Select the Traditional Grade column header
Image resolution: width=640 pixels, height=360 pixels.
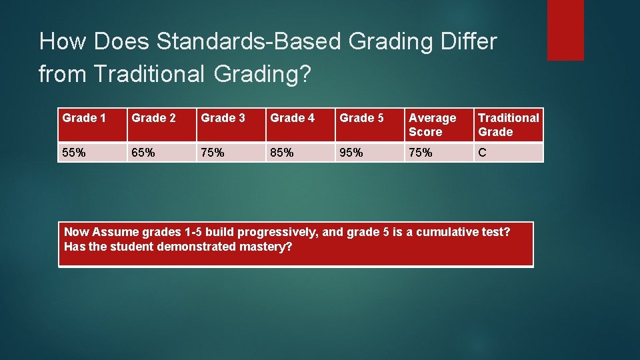pos(508,125)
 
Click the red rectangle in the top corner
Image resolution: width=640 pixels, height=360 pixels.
pos(565,30)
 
